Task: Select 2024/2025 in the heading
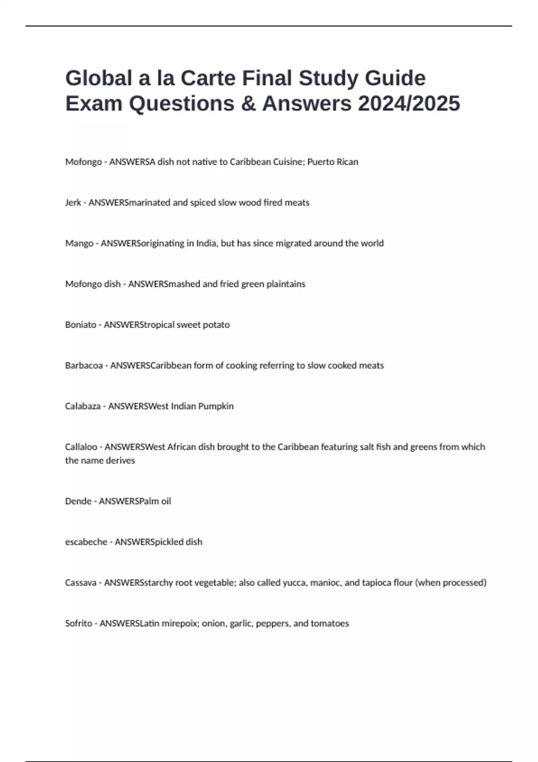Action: [x=409, y=104]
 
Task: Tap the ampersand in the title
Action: [x=248, y=104]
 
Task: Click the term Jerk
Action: [x=73, y=203]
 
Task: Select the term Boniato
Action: [x=81, y=325]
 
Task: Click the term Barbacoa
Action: [x=84, y=365]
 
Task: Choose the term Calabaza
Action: [x=82, y=406]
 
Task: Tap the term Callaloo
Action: [x=81, y=447]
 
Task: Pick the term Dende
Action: [x=78, y=501]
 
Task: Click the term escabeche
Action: [x=86, y=542]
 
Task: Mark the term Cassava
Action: [x=81, y=583]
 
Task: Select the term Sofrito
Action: [x=78, y=623]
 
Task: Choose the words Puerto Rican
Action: [x=333, y=162]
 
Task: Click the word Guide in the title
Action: [x=395, y=78]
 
